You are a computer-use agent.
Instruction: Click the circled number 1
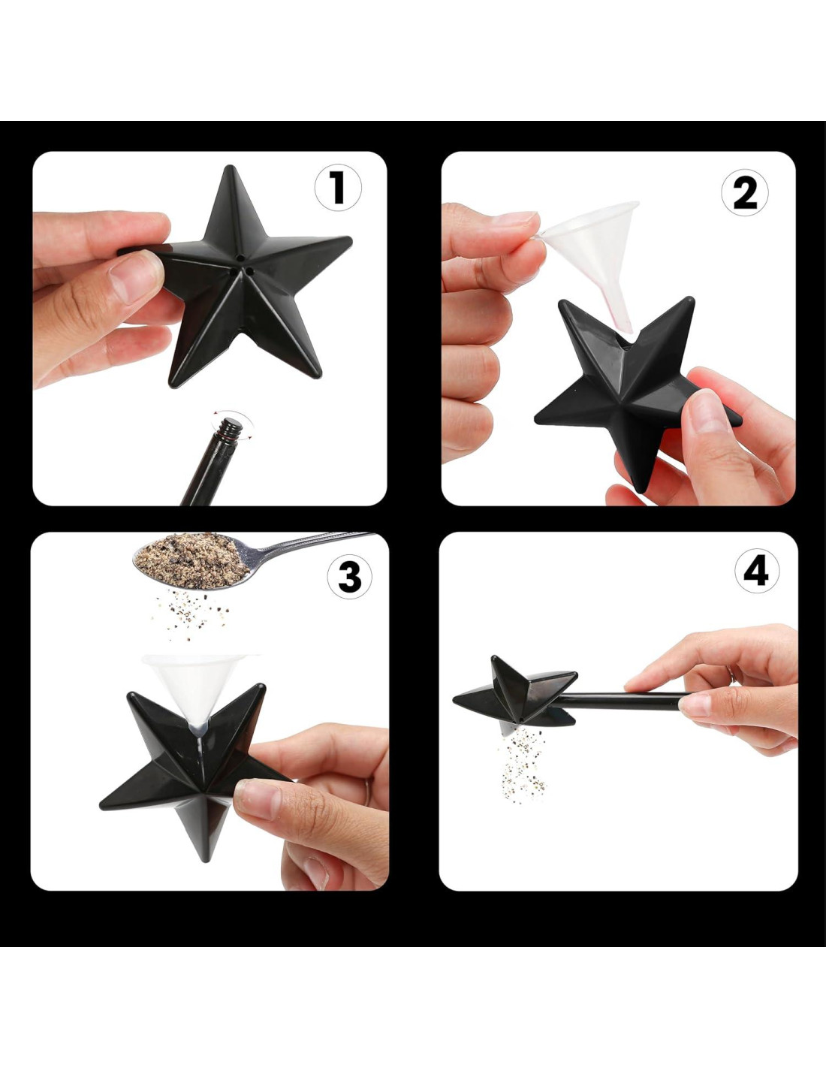tap(338, 187)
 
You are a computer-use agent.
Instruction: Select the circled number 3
tap(350, 576)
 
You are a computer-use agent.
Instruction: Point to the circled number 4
tap(757, 572)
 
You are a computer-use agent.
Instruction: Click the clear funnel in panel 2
tap(589, 255)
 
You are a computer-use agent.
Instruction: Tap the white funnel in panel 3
tap(199, 690)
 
